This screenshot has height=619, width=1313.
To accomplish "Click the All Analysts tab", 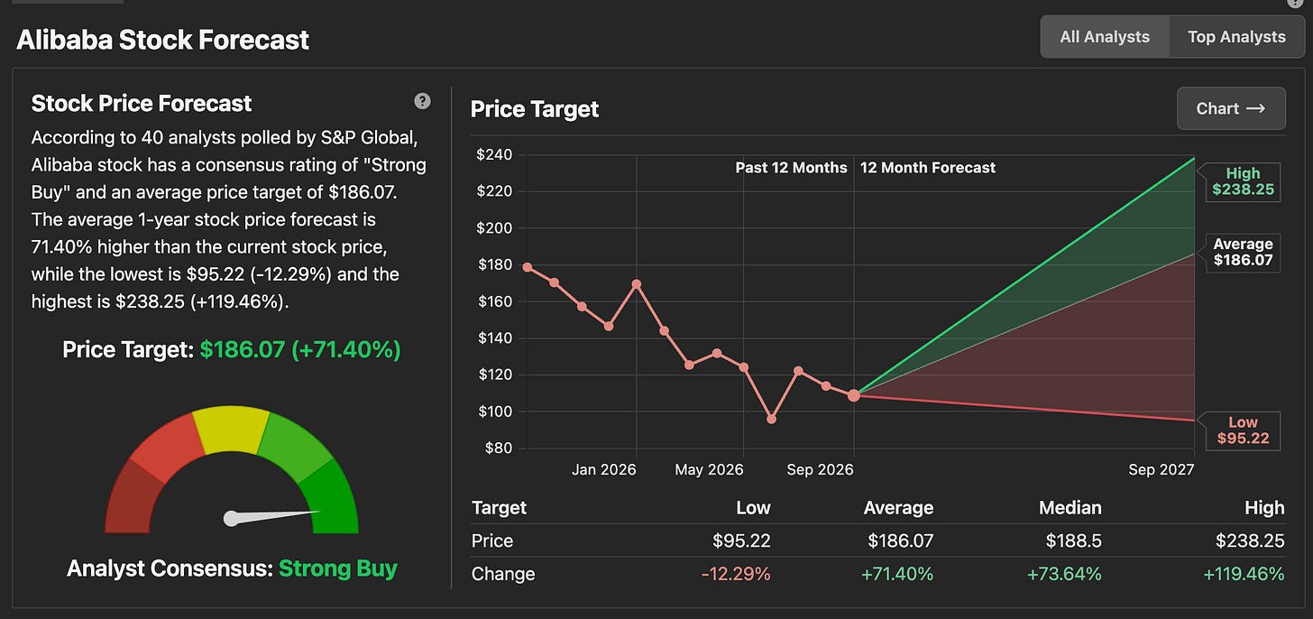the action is pyautogui.click(x=1105, y=37).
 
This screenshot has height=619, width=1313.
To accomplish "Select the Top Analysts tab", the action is pyautogui.click(x=1236, y=37).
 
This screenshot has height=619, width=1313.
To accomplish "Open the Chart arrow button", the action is pyautogui.click(x=1231, y=108).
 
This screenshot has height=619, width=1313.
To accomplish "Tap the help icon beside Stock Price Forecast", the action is pyautogui.click(x=422, y=101).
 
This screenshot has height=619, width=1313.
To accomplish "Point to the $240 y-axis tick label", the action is pyautogui.click(x=494, y=155).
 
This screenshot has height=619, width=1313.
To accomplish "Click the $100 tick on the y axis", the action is pyautogui.click(x=495, y=411).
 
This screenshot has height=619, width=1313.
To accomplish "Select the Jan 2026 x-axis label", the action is pyautogui.click(x=604, y=469).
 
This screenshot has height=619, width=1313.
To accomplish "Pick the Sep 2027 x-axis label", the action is pyautogui.click(x=1161, y=469).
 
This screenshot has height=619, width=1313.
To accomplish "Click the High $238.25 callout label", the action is pyautogui.click(x=1243, y=182).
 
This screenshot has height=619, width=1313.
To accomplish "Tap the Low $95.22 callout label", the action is pyautogui.click(x=1243, y=430).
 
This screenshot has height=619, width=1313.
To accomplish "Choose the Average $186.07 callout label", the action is pyautogui.click(x=1243, y=253).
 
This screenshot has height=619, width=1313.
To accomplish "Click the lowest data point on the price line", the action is pyautogui.click(x=771, y=419).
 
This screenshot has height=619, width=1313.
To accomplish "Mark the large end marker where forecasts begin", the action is pyautogui.click(x=854, y=395).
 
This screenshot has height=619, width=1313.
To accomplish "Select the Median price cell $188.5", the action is pyautogui.click(x=1073, y=540).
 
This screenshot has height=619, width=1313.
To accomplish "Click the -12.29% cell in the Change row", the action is pyautogui.click(x=736, y=574).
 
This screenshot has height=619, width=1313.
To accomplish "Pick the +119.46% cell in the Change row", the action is pyautogui.click(x=1244, y=574).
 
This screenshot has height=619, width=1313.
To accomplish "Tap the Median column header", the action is pyautogui.click(x=1070, y=507).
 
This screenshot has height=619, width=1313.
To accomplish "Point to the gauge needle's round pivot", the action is pyautogui.click(x=232, y=519).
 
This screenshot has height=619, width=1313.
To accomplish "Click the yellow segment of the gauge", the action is pyautogui.click(x=231, y=429).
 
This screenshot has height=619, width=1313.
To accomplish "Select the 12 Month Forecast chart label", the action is pyautogui.click(x=927, y=168).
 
